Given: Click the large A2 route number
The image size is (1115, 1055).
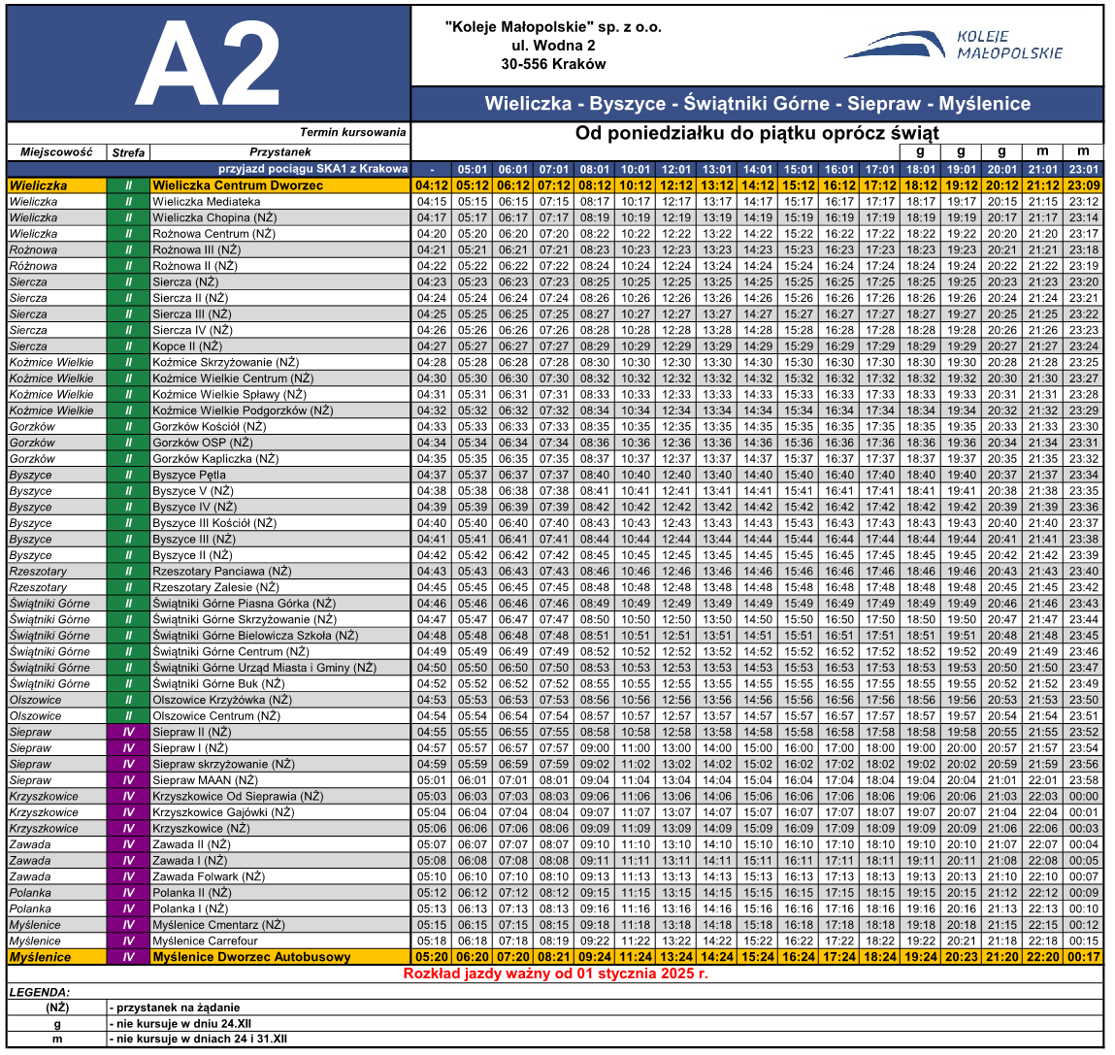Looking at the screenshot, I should click(x=209, y=64).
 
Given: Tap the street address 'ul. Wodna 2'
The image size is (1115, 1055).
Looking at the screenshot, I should click(x=553, y=46).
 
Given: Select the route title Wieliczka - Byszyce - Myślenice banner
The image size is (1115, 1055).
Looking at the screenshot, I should click(x=757, y=104).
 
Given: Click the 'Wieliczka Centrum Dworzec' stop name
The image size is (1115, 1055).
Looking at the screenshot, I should click(x=237, y=185).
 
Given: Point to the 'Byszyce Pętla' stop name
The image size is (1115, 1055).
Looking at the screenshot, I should click(x=189, y=475).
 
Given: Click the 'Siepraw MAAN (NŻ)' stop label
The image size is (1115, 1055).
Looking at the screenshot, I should click(x=205, y=780).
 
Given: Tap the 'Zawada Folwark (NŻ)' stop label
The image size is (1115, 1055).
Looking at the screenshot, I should click(x=208, y=876).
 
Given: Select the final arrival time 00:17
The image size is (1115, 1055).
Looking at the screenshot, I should click(x=1083, y=957).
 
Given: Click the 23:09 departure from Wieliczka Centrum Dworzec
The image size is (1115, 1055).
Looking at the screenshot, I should click(x=1083, y=185).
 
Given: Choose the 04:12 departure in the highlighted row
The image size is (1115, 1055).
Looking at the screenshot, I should click(x=432, y=185).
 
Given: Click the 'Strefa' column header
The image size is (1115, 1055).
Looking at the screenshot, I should click(x=128, y=152).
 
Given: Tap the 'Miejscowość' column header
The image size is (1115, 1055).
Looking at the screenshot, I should click(x=56, y=152).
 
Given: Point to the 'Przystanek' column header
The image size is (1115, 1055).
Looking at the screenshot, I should click(x=279, y=152).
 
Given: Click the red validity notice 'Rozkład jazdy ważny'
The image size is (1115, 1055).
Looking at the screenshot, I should click(x=556, y=973).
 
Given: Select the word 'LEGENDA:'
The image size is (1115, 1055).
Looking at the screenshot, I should click(x=39, y=992).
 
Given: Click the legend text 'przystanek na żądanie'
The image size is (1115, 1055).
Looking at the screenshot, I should click(x=177, y=1007).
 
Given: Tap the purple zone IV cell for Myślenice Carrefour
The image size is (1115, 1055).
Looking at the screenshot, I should click(x=128, y=940).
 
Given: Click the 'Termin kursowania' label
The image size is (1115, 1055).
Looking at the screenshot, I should click(x=352, y=132).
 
